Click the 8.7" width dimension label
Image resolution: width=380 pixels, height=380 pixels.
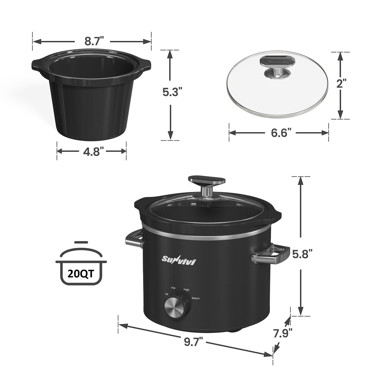coord(92,42)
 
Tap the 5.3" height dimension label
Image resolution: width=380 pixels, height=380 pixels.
coord(172,92)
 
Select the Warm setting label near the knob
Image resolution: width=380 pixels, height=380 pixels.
coord(195,298)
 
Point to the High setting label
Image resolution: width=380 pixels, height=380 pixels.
coord(186,290)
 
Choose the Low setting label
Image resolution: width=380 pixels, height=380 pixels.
coord(173,288)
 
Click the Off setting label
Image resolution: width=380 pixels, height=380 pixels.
coord(166,294)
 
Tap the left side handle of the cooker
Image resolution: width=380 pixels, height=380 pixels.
coord(134,238)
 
